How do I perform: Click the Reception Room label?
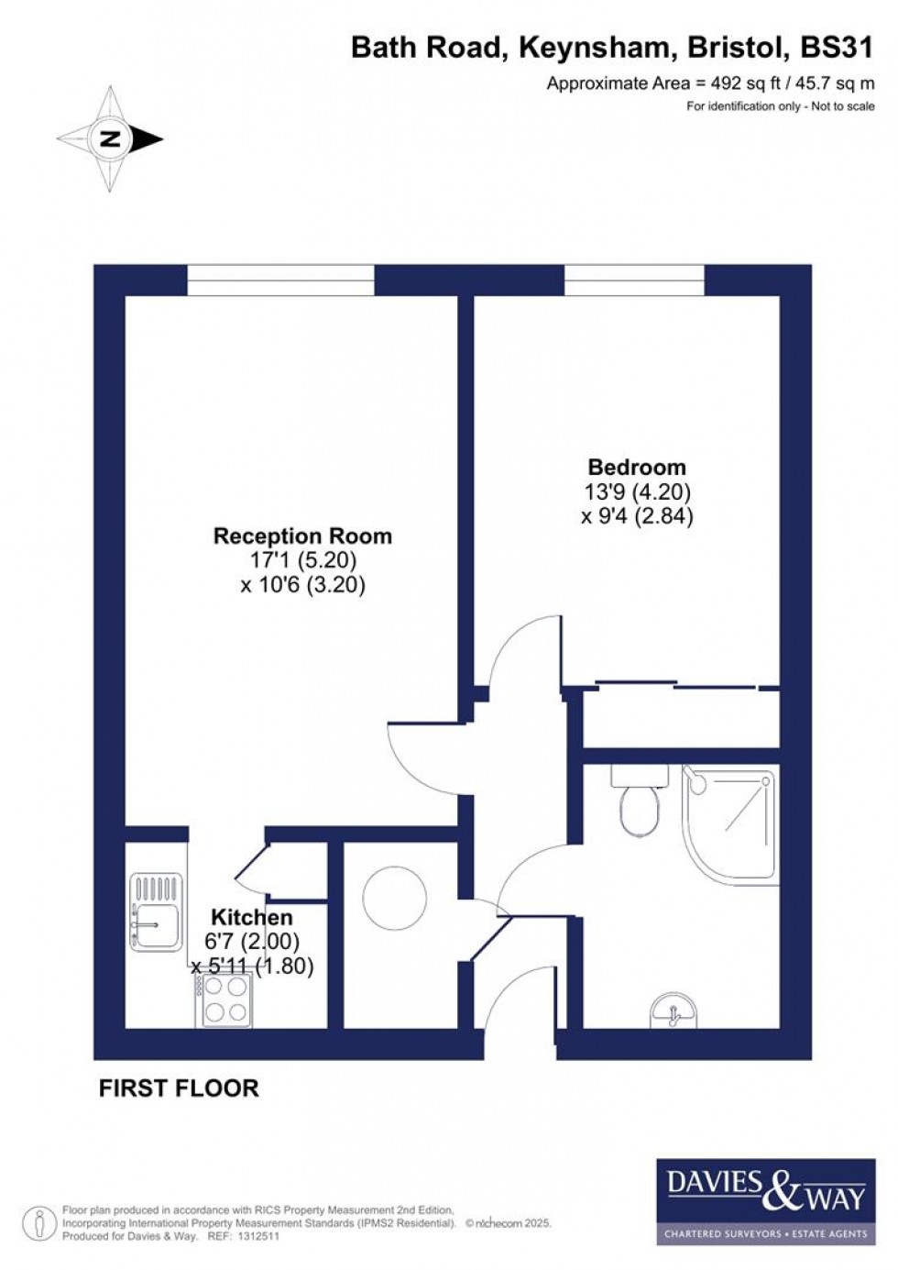pyautogui.click(x=302, y=536)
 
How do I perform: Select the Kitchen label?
pyautogui.click(x=252, y=917)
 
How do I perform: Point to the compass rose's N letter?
pyautogui.click(x=111, y=139)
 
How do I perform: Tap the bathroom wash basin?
pyautogui.click(x=674, y=1012)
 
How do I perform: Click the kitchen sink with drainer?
pyautogui.click(x=157, y=911)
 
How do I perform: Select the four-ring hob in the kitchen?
pyautogui.click(x=224, y=999)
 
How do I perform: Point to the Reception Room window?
pyautogui.click(x=280, y=280)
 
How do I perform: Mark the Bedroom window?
pyautogui.click(x=634, y=280)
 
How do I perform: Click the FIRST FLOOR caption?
pyautogui.click(x=179, y=1088)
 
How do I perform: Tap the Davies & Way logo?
pyautogui.click(x=765, y=1199)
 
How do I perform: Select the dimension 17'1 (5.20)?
pyautogui.click(x=302, y=559)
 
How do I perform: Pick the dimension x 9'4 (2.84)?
pyautogui.click(x=637, y=516)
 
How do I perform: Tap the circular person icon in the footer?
pyautogui.click(x=39, y=1223)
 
